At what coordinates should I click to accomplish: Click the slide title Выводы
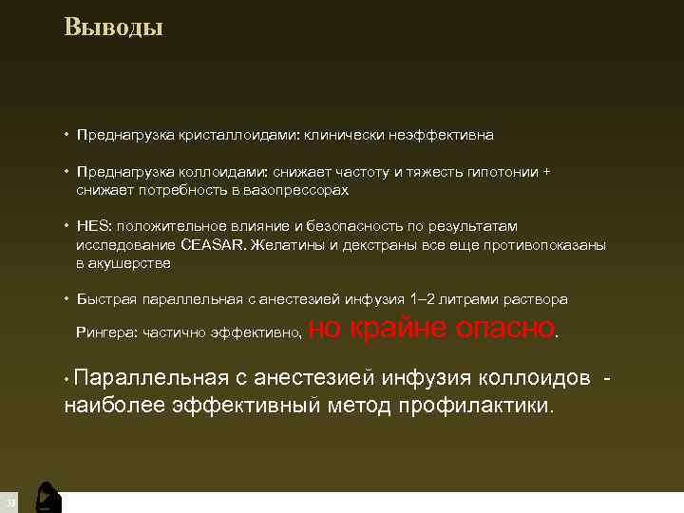[114, 27]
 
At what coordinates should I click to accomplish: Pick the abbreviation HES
[94, 227]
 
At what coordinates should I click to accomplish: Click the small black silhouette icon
[47, 498]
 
